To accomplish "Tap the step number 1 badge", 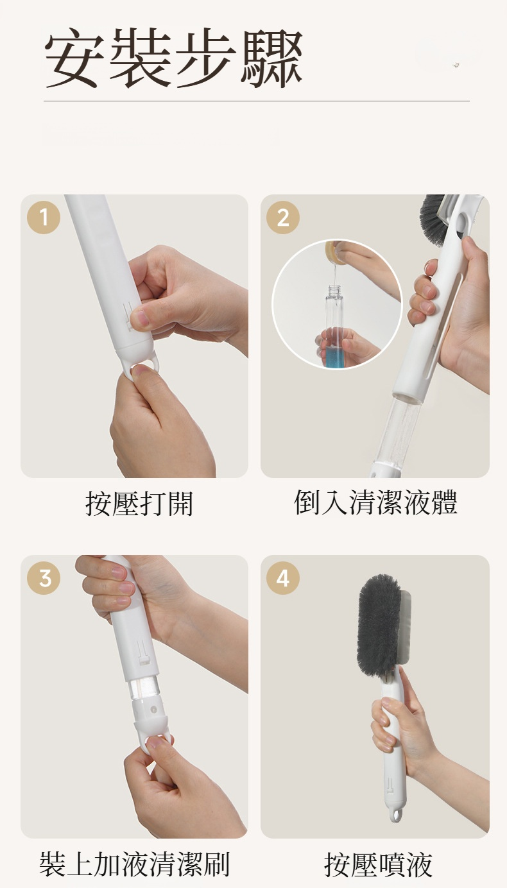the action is pyautogui.click(x=44, y=218).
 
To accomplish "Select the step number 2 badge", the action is pyautogui.click(x=283, y=218).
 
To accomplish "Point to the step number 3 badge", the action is pyautogui.click(x=44, y=577).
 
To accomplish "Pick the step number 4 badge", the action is pyautogui.click(x=283, y=577).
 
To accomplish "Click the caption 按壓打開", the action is pyautogui.click(x=139, y=504).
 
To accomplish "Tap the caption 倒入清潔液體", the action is pyautogui.click(x=375, y=502).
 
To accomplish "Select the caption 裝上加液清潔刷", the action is pyautogui.click(x=135, y=865).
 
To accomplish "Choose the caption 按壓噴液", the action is pyautogui.click(x=378, y=865).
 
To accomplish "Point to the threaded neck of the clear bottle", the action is pyautogui.click(x=334, y=290).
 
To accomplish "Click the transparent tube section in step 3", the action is pyautogui.click(x=142, y=689).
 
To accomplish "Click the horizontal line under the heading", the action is pyautogui.click(x=257, y=101).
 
